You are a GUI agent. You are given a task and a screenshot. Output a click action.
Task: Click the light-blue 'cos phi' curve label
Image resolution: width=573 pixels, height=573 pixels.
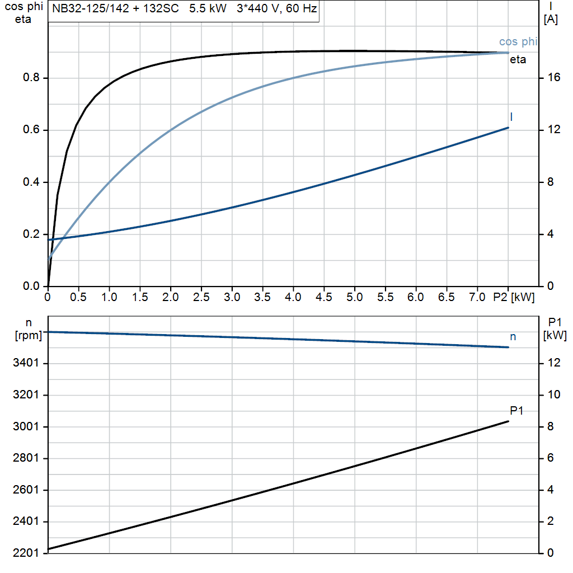[x=518, y=42]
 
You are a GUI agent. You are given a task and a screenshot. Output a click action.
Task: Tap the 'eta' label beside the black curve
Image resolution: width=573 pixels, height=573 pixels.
[x=518, y=60]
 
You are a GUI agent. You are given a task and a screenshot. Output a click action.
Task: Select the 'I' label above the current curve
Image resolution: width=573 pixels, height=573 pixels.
[x=511, y=116]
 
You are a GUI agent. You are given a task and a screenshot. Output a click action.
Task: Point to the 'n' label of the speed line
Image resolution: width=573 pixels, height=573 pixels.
[x=513, y=336]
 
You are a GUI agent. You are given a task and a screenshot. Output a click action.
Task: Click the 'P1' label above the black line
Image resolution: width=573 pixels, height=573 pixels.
[x=517, y=411]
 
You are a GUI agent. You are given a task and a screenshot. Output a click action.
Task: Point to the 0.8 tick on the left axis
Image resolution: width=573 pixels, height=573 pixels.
[x=31, y=78]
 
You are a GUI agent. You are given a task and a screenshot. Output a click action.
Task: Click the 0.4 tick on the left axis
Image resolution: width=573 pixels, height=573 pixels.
[x=31, y=182]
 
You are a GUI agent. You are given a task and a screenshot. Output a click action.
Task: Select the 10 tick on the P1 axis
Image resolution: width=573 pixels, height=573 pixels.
[x=554, y=395]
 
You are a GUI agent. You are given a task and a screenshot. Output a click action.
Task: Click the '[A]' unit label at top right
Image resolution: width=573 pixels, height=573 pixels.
[x=551, y=20]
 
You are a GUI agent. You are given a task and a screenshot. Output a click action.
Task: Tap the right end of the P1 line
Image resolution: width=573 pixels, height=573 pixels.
[x=508, y=421]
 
